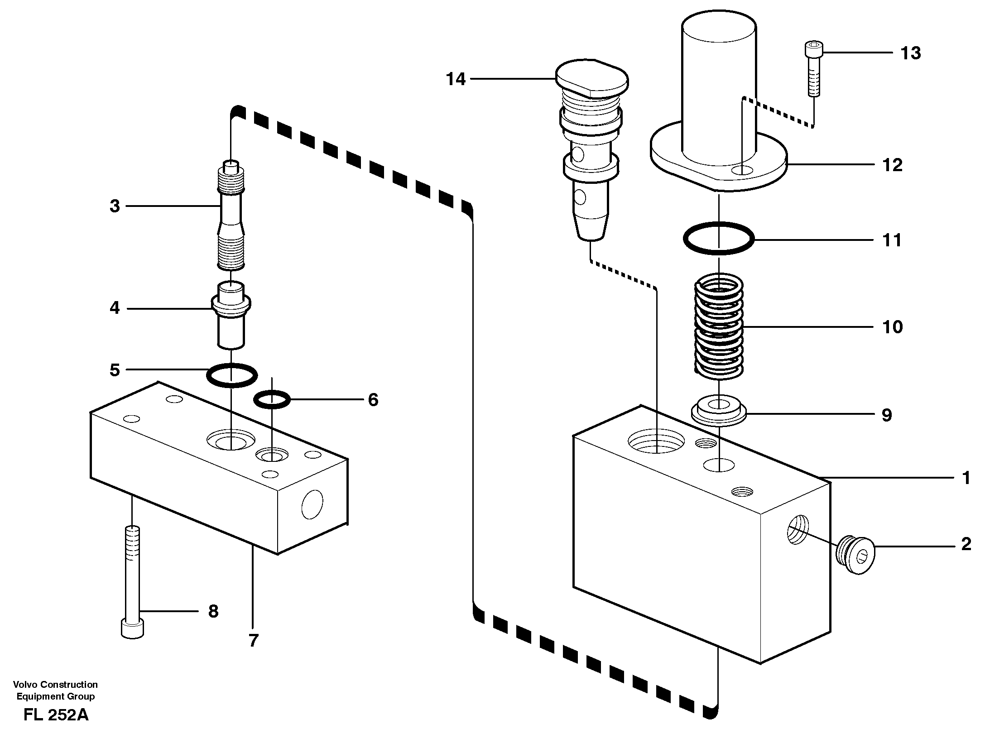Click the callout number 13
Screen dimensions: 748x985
pyautogui.click(x=910, y=53)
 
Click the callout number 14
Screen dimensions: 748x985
pyautogui.click(x=456, y=79)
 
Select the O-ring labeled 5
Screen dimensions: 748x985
pyautogui.click(x=232, y=375)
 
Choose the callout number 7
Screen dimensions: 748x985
pyautogui.click(x=253, y=640)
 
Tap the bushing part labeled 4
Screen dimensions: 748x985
pyautogui.click(x=231, y=317)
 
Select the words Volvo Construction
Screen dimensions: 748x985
pyautogui.click(x=55, y=684)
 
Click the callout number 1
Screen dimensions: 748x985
pyautogui.click(x=966, y=478)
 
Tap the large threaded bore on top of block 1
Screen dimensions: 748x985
pyautogui.click(x=656, y=441)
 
